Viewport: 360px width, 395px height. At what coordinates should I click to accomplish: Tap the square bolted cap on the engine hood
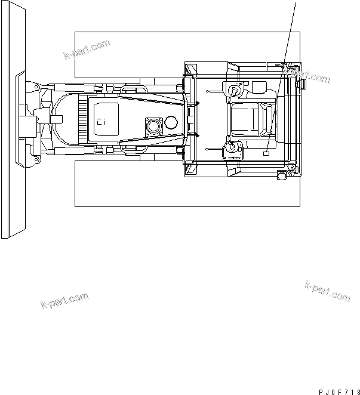pyautogui.click(x=154, y=126)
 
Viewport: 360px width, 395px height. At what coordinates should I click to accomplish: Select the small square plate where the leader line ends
pyautogui.click(x=266, y=153)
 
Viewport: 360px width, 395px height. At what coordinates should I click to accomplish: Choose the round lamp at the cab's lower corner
pyautogui.click(x=282, y=175)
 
